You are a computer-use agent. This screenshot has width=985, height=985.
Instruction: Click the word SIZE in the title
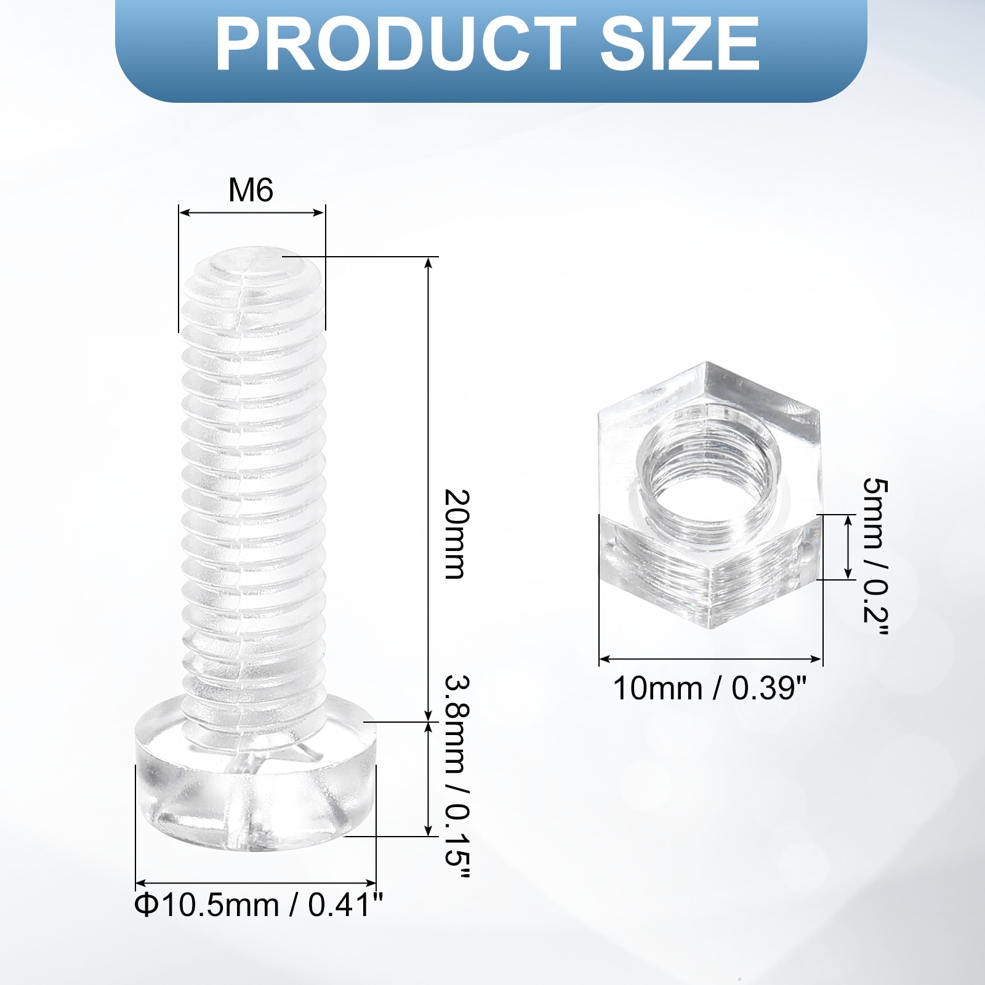(680, 44)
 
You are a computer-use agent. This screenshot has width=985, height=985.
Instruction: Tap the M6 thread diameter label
(251, 190)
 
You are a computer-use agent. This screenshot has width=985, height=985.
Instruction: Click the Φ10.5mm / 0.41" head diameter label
(259, 906)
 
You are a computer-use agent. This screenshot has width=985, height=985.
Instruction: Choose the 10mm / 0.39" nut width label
(709, 688)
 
